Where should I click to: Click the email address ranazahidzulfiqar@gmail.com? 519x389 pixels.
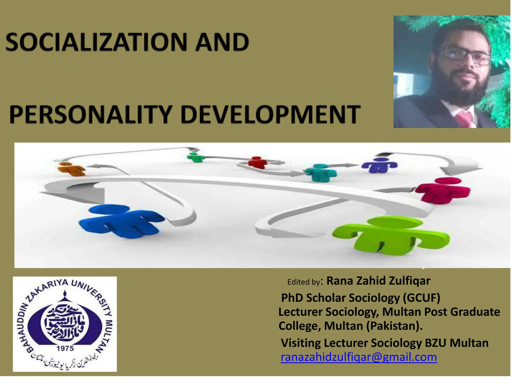(359, 357)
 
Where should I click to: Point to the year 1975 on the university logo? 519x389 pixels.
(65, 348)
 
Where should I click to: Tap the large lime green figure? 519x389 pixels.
(390, 236)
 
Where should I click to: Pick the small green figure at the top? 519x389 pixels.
(195, 157)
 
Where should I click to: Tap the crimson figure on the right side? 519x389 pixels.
(442, 190)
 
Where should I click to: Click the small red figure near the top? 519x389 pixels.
(257, 162)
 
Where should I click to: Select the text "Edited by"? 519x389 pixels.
(304, 282)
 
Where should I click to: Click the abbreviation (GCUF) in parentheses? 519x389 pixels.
(421, 298)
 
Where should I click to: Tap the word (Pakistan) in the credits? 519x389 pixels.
(394, 326)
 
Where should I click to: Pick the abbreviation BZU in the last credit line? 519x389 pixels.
(436, 343)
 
